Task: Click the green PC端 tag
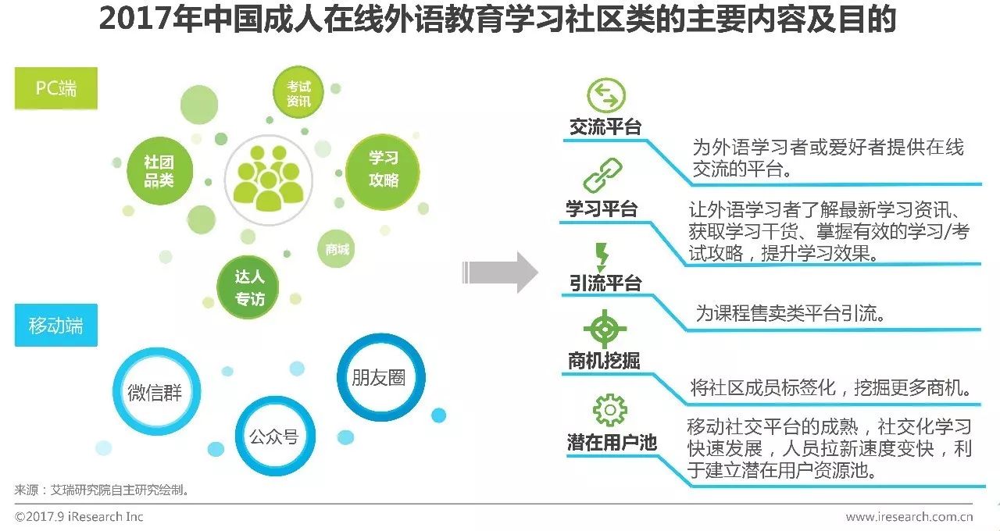tap(56, 87)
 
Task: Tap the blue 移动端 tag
tap(56, 325)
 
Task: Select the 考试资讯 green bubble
tap(298, 94)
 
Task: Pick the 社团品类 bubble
tap(159, 171)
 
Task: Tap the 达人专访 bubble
tap(249, 287)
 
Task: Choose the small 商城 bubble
tap(337, 250)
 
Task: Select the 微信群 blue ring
tap(155, 392)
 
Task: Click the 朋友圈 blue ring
tap(380, 378)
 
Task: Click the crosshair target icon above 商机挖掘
tap(605, 329)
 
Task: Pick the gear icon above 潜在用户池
tap(609, 410)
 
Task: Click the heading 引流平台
tap(605, 283)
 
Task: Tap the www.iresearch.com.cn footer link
tap(909, 516)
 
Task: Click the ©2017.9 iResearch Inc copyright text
tap(79, 516)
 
